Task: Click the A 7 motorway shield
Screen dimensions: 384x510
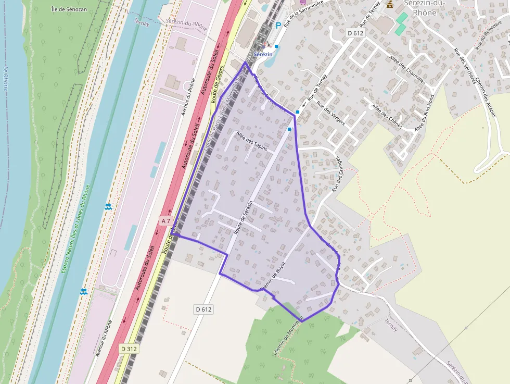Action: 165,221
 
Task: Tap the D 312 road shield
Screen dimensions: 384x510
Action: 130,349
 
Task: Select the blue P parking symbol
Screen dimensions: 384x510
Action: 278,25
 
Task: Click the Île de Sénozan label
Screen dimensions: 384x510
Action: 70,9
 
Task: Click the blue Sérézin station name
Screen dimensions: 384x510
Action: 263,54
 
